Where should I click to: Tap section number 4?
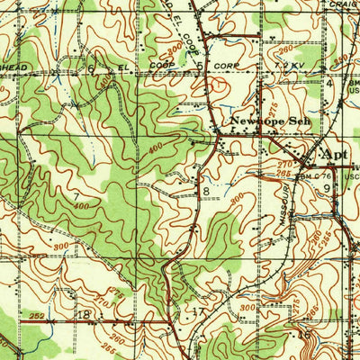(329, 84)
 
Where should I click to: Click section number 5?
(198, 67)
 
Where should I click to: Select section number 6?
(91, 68)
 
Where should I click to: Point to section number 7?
(76, 194)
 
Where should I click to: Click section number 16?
(306, 334)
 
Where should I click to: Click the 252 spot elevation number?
(35, 317)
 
